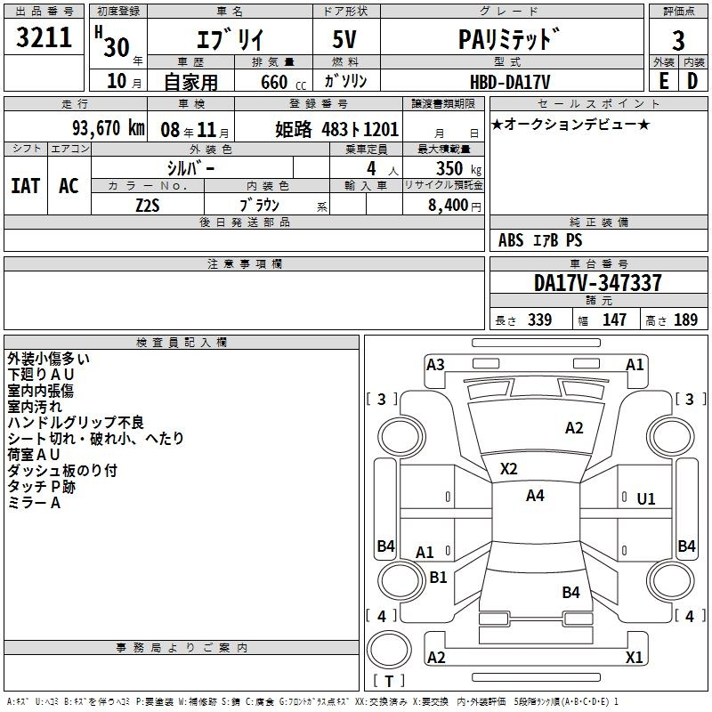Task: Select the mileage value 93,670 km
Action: coord(108,128)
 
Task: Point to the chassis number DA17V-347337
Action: coord(597,283)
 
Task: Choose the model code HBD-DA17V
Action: coord(510,81)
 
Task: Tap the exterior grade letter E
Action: coord(663,81)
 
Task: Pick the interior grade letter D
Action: coord(692,81)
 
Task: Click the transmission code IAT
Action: coord(25,186)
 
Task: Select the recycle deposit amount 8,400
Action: coord(449,205)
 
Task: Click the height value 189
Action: coord(685,320)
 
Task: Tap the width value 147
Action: coord(614,320)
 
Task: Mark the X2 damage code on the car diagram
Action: coord(508,468)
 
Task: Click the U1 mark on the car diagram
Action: coord(645,499)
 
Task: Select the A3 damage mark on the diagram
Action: coord(435,364)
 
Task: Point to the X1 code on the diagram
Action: coord(634,658)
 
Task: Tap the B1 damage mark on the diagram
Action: coord(438,577)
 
